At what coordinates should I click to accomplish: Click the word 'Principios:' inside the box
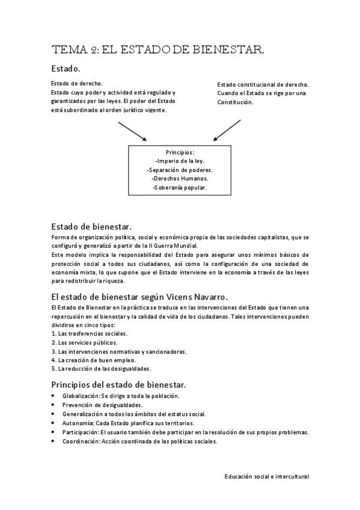180,152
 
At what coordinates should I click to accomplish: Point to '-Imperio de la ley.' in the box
180,161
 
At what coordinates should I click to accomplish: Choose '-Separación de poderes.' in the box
180,170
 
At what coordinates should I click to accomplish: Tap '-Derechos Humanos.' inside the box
180,179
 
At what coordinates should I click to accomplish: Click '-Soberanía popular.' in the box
180,188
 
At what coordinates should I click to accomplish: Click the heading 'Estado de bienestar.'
92,227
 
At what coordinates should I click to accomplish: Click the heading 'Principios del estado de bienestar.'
119,384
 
